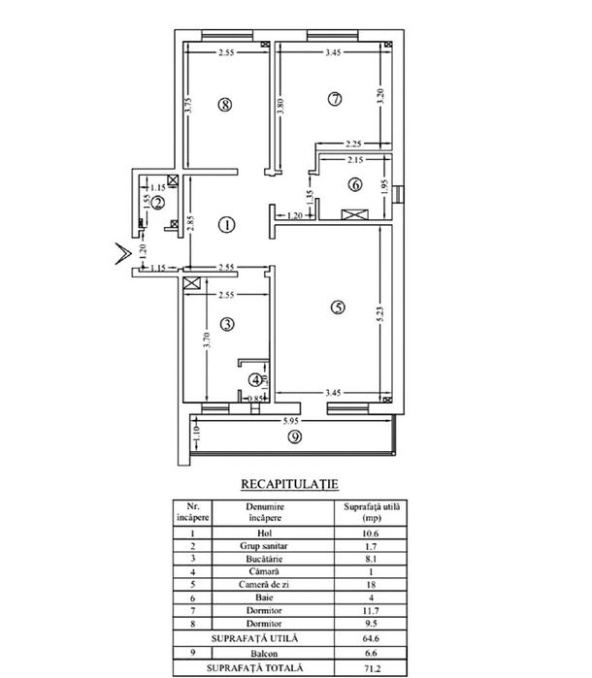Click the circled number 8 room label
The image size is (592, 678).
click(x=224, y=104)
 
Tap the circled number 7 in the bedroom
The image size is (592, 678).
click(x=335, y=99)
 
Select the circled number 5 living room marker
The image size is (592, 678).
click(x=338, y=307)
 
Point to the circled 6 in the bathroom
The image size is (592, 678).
click(x=355, y=184)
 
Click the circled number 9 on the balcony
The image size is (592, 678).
click(x=295, y=437)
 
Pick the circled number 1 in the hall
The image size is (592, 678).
click(x=226, y=225)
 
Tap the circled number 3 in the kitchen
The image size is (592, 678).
click(x=227, y=324)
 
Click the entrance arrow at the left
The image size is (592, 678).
click(x=123, y=254)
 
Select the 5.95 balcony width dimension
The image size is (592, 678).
click(x=290, y=421)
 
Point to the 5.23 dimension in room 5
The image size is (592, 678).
click(x=380, y=314)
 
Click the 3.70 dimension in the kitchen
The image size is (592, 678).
click(x=207, y=339)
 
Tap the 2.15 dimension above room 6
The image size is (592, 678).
click(x=355, y=160)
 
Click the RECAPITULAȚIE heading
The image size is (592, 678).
click(x=289, y=484)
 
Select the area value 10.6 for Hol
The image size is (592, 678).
click(x=370, y=533)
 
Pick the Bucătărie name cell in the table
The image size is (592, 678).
click(x=264, y=559)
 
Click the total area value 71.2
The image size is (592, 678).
click(x=372, y=668)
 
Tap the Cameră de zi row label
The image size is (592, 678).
click(x=264, y=585)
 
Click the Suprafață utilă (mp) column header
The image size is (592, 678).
click(x=372, y=512)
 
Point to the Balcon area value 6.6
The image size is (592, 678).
click(x=372, y=654)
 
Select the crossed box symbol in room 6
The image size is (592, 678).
click(x=355, y=214)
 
